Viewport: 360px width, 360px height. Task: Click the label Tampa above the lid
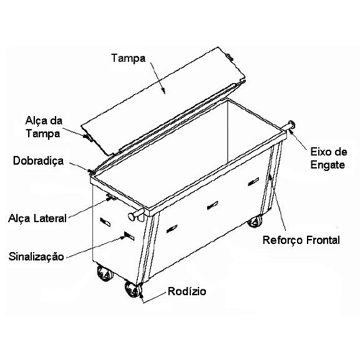pyautogui.click(x=129, y=58)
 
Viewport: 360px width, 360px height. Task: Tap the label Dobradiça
pyautogui.click(x=38, y=161)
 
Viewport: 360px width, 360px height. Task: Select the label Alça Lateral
pyautogui.click(x=37, y=218)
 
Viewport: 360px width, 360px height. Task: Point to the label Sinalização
pyautogui.click(x=36, y=256)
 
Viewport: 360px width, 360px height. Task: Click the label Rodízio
pyautogui.click(x=187, y=291)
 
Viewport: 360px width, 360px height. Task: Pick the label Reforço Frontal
pyautogui.click(x=301, y=240)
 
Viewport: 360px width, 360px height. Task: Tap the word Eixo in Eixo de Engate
pyautogui.click(x=320, y=152)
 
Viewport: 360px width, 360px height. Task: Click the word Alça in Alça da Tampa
pyautogui.click(x=34, y=121)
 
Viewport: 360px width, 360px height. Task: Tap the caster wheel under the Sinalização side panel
pyautogui.click(x=105, y=273)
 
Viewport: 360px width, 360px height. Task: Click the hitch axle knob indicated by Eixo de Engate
pyautogui.click(x=291, y=125)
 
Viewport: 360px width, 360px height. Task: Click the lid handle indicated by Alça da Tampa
pyautogui.click(x=88, y=137)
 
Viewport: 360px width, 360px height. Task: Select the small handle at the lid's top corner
pyautogui.click(x=230, y=57)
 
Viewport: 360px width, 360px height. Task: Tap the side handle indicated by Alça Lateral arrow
pyautogui.click(x=112, y=197)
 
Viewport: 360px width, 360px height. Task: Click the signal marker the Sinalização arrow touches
pyautogui.click(x=129, y=236)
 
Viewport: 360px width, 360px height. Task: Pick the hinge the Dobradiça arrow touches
pyautogui.click(x=92, y=172)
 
